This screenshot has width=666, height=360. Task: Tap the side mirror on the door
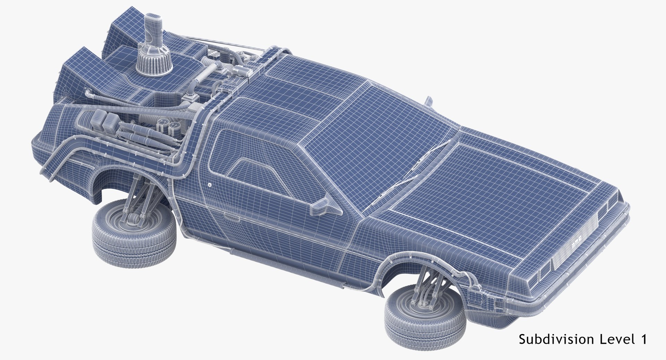[325, 207]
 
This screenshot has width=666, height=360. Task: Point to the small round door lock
[210, 185]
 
